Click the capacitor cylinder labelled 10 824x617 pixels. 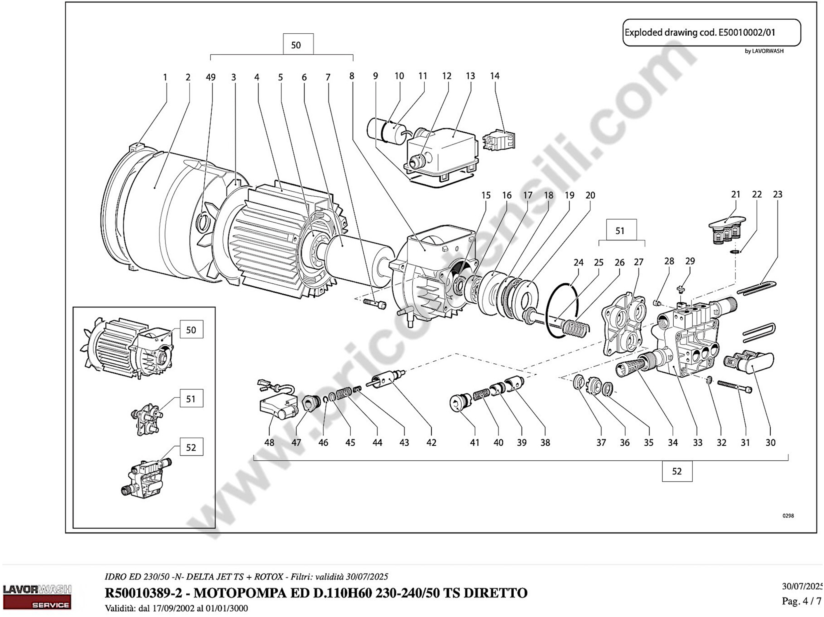377,129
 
